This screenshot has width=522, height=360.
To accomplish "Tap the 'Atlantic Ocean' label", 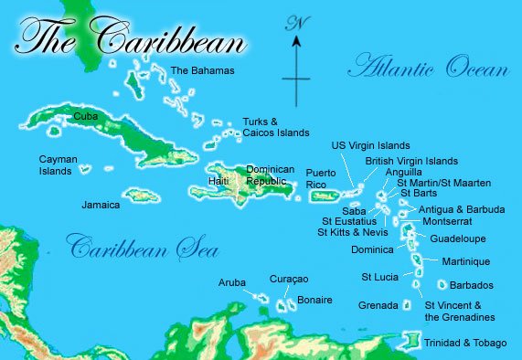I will (x=427, y=67).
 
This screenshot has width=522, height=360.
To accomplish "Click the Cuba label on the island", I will (x=86, y=116).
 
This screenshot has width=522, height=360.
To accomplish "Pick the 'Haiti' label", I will (x=219, y=181).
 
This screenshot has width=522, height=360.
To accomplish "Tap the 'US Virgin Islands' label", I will (x=370, y=145).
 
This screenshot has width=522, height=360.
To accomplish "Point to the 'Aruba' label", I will (x=232, y=283).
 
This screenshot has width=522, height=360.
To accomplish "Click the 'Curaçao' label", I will (x=289, y=278).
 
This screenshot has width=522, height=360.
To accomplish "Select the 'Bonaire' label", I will (x=314, y=300).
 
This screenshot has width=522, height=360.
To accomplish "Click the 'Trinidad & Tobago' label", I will (x=465, y=343).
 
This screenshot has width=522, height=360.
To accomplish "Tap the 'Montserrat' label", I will (x=447, y=222).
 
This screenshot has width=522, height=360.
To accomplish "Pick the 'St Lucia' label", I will (x=379, y=277).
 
